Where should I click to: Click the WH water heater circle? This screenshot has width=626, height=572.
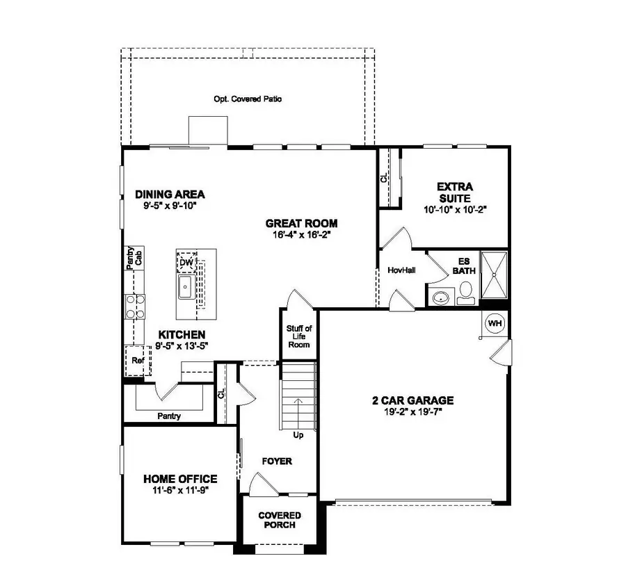point(495,323)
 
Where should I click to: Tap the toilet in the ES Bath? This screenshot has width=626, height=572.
point(465,291)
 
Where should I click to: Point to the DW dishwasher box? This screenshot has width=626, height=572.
point(186,261)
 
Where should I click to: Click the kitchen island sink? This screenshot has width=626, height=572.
point(186,285)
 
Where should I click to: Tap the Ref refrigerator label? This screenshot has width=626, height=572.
point(137,361)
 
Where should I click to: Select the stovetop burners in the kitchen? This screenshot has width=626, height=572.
point(134,305)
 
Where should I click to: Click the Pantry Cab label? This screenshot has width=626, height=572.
point(134,256)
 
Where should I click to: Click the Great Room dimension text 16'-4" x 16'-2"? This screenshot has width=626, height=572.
point(302,235)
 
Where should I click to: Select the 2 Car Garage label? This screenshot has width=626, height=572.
point(412,400)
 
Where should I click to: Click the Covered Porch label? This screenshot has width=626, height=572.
point(280,520)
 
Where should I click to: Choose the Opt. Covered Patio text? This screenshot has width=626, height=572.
point(248,99)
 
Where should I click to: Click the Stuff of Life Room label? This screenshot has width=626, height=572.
point(299,336)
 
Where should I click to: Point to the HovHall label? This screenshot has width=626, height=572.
point(401,270)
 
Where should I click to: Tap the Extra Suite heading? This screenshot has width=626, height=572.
point(455,192)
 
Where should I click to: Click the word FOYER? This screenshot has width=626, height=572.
point(276,461)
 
